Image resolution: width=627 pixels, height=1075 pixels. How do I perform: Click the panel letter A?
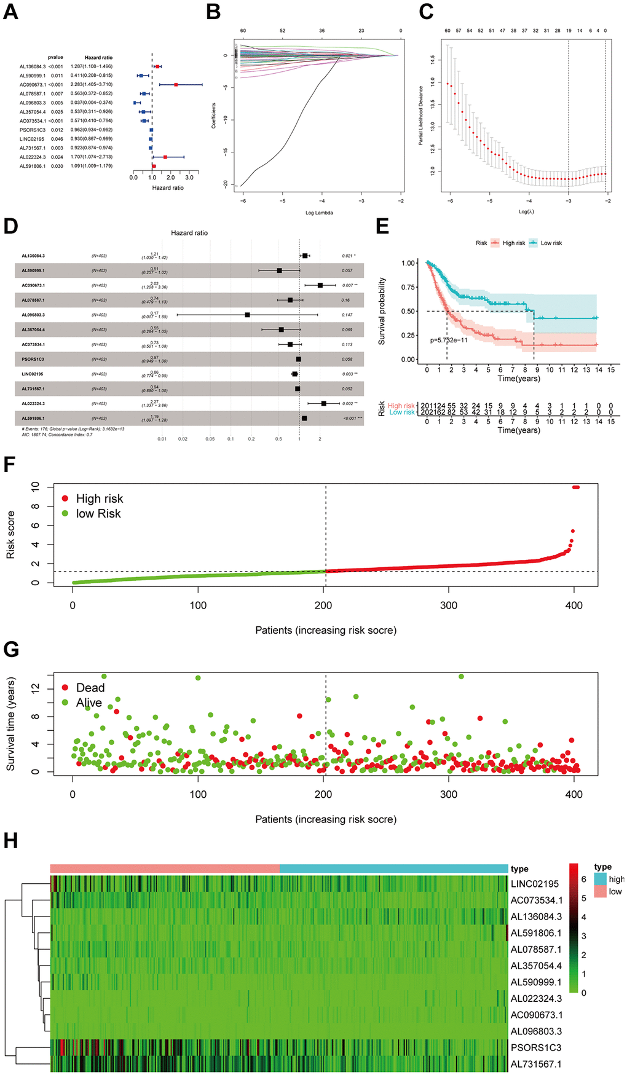[x=10, y=12]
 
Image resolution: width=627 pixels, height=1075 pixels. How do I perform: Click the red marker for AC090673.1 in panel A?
[x=176, y=84]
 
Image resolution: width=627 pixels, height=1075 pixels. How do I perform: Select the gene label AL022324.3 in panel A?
[x=33, y=157]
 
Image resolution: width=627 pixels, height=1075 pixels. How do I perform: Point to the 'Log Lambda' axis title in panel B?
[x=319, y=213]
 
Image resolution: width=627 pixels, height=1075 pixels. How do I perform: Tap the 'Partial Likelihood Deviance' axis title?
[x=421, y=116]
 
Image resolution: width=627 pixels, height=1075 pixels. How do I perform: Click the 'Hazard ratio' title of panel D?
[x=189, y=233]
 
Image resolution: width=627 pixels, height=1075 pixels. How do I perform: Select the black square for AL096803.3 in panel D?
[x=247, y=315]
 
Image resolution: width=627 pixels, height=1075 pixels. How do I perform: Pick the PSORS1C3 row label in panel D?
[x=33, y=359]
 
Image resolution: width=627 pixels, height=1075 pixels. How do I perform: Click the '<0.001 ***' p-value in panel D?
[x=352, y=419]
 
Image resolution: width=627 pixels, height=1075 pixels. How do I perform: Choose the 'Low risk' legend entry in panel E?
[x=551, y=243]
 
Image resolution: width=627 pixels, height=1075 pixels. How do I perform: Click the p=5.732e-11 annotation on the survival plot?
[x=449, y=340]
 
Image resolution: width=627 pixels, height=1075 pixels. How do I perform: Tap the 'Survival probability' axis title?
[x=382, y=311]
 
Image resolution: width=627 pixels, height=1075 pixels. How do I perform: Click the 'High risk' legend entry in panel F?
[x=99, y=498]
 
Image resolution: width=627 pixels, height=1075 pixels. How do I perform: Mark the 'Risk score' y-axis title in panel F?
[x=10, y=535]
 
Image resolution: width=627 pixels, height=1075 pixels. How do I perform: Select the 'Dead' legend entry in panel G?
[x=90, y=688]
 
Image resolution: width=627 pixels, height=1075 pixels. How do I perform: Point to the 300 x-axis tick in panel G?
[x=449, y=794]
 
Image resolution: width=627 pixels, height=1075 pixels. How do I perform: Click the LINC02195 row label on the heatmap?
[x=535, y=884]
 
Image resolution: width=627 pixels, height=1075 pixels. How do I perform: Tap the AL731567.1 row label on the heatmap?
[x=536, y=1064]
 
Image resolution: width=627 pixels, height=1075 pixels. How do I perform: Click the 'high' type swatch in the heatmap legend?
[x=601, y=879]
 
